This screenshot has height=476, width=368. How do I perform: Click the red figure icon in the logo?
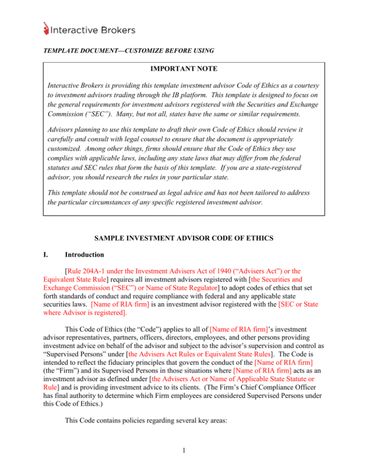pyautogui.click(x=46, y=29)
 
